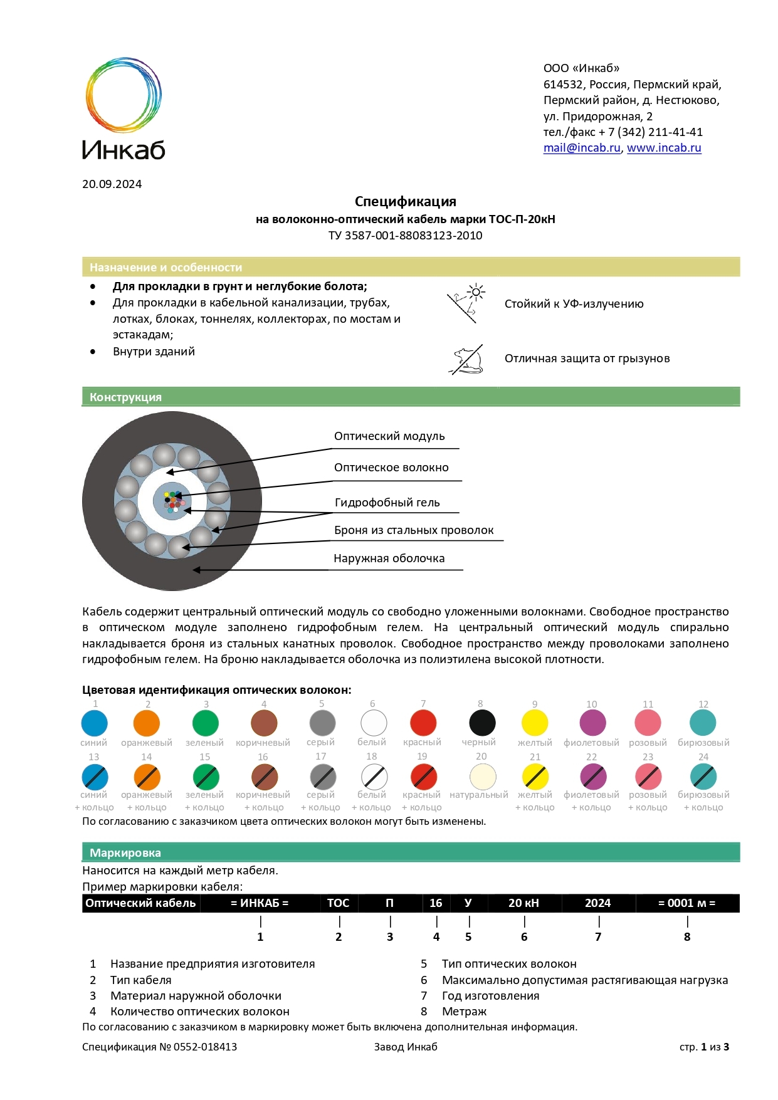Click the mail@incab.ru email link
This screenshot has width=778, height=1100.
pyautogui.click(x=581, y=148)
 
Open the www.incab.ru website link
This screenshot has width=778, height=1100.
pyautogui.click(x=664, y=148)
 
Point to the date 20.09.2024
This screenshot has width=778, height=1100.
pyautogui.click(x=112, y=184)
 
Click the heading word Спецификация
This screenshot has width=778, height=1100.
pyautogui.click(x=405, y=202)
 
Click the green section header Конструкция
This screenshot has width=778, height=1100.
pyautogui.click(x=125, y=397)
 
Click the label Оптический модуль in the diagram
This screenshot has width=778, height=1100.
pyautogui.click(x=389, y=436)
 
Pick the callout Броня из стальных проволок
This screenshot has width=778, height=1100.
pyautogui.click(x=414, y=530)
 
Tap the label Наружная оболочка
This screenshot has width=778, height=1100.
pyautogui.click(x=389, y=558)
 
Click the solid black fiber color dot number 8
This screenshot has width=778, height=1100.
pyautogui.click(x=482, y=723)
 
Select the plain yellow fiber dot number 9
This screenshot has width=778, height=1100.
pyautogui.click(x=535, y=723)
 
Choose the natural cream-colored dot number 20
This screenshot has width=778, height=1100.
pyautogui.click(x=482, y=777)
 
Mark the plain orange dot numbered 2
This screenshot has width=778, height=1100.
pyautogui.click(x=147, y=723)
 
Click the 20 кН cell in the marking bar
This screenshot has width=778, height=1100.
pyautogui.click(x=523, y=903)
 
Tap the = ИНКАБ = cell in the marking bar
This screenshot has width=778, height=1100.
pyautogui.click(x=260, y=903)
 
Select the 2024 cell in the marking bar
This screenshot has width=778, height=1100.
pyautogui.click(x=597, y=903)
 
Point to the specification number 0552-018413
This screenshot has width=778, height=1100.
pyautogui.click(x=205, y=1047)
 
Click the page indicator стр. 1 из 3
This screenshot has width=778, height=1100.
pyautogui.click(x=704, y=1047)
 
